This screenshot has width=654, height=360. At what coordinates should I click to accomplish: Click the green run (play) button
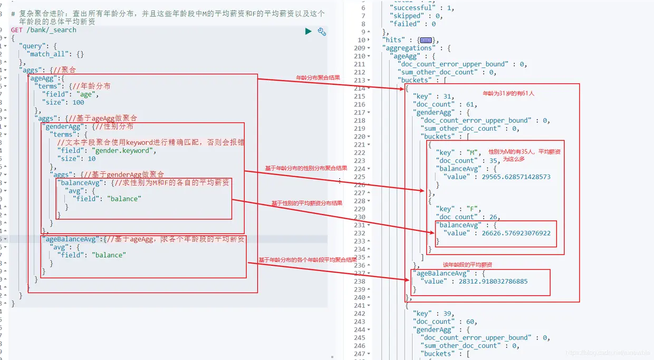[309, 32]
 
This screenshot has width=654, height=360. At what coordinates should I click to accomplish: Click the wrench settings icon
[322, 32]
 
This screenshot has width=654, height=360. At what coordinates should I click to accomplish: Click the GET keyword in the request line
[16, 30]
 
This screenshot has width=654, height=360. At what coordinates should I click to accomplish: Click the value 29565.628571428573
[516, 177]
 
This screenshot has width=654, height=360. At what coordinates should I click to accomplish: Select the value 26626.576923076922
[516, 233]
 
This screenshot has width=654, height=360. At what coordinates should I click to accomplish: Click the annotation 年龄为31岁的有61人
[508, 93]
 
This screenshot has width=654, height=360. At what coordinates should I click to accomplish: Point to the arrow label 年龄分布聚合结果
[318, 77]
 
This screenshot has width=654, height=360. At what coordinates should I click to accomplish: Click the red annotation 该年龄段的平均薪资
[467, 265]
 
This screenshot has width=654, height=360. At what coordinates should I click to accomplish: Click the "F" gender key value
[474, 209]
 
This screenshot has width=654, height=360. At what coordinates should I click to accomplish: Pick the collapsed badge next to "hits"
[426, 40]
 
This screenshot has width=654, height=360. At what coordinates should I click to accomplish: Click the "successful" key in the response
[411, 8]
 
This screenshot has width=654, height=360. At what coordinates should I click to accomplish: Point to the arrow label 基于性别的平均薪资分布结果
[307, 203]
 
